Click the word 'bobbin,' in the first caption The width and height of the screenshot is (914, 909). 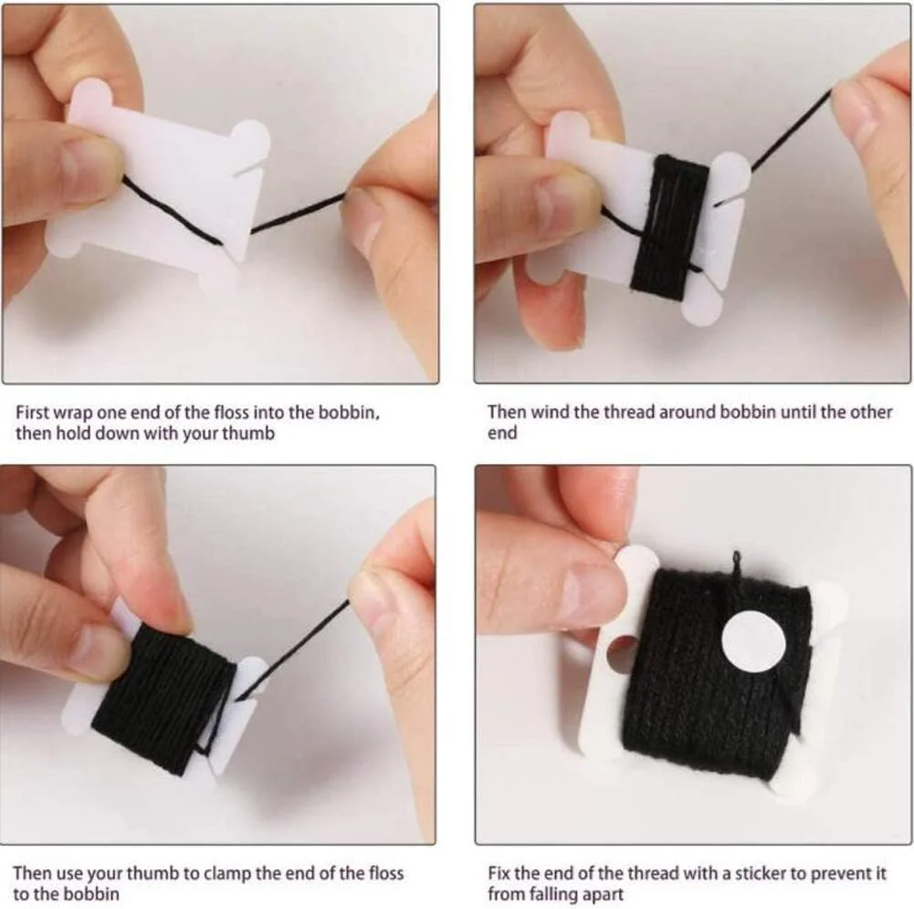(x=349, y=412)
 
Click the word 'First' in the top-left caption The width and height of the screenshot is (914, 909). (x=32, y=412)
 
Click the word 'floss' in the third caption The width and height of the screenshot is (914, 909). (x=385, y=873)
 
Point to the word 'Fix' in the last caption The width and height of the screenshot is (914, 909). (x=499, y=873)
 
